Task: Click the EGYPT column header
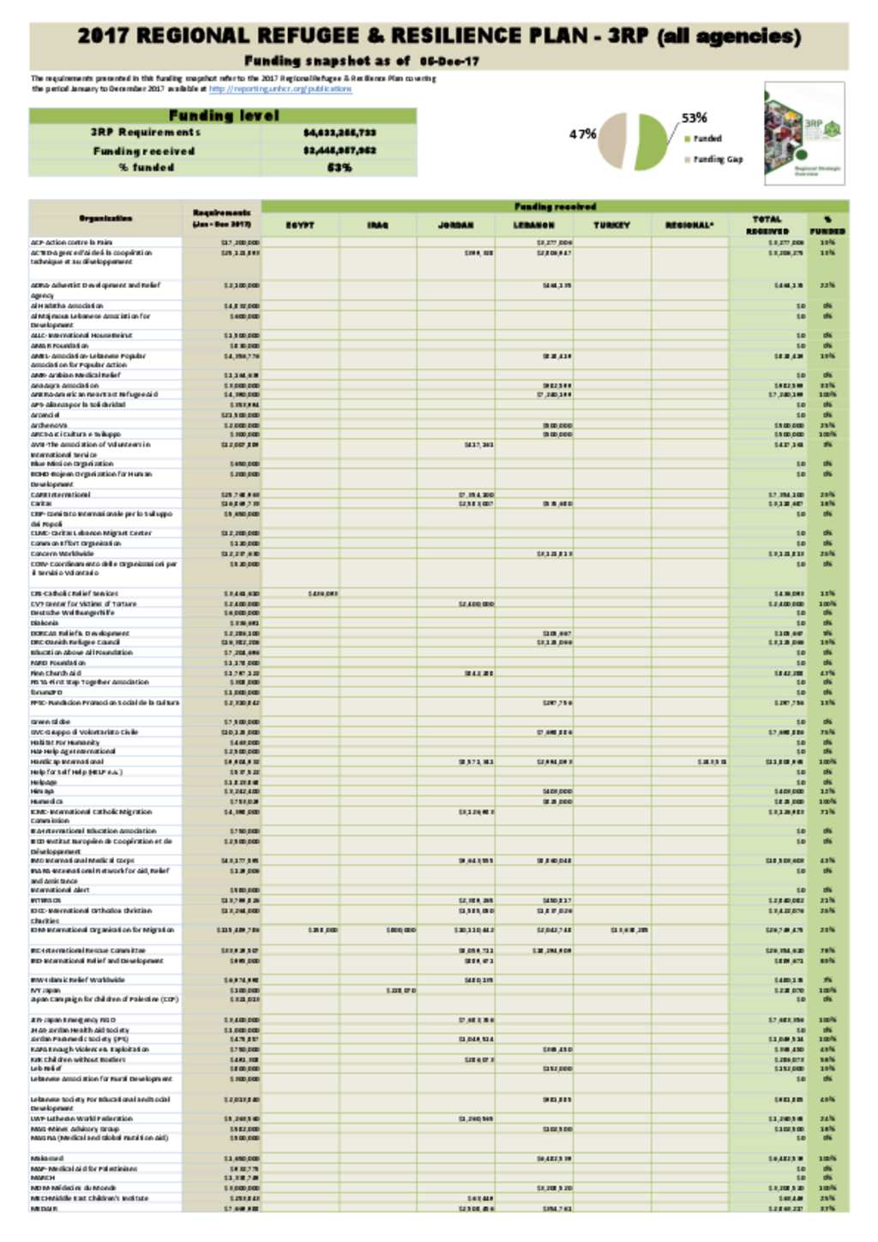coord(300,225)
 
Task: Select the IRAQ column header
coord(377,225)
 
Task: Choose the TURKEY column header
coord(611,225)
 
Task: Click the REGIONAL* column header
coord(689,225)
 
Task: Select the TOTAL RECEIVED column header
coord(767,225)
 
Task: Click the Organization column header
coord(105,219)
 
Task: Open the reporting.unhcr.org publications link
coord(280,89)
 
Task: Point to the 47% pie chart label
coord(582,134)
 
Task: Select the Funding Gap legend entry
coord(718,159)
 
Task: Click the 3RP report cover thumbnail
coord(804,134)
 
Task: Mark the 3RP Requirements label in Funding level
coord(145,133)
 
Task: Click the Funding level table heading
coord(223,116)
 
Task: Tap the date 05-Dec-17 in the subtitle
coord(449,62)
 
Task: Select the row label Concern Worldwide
coord(63,554)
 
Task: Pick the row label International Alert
coord(61,891)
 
